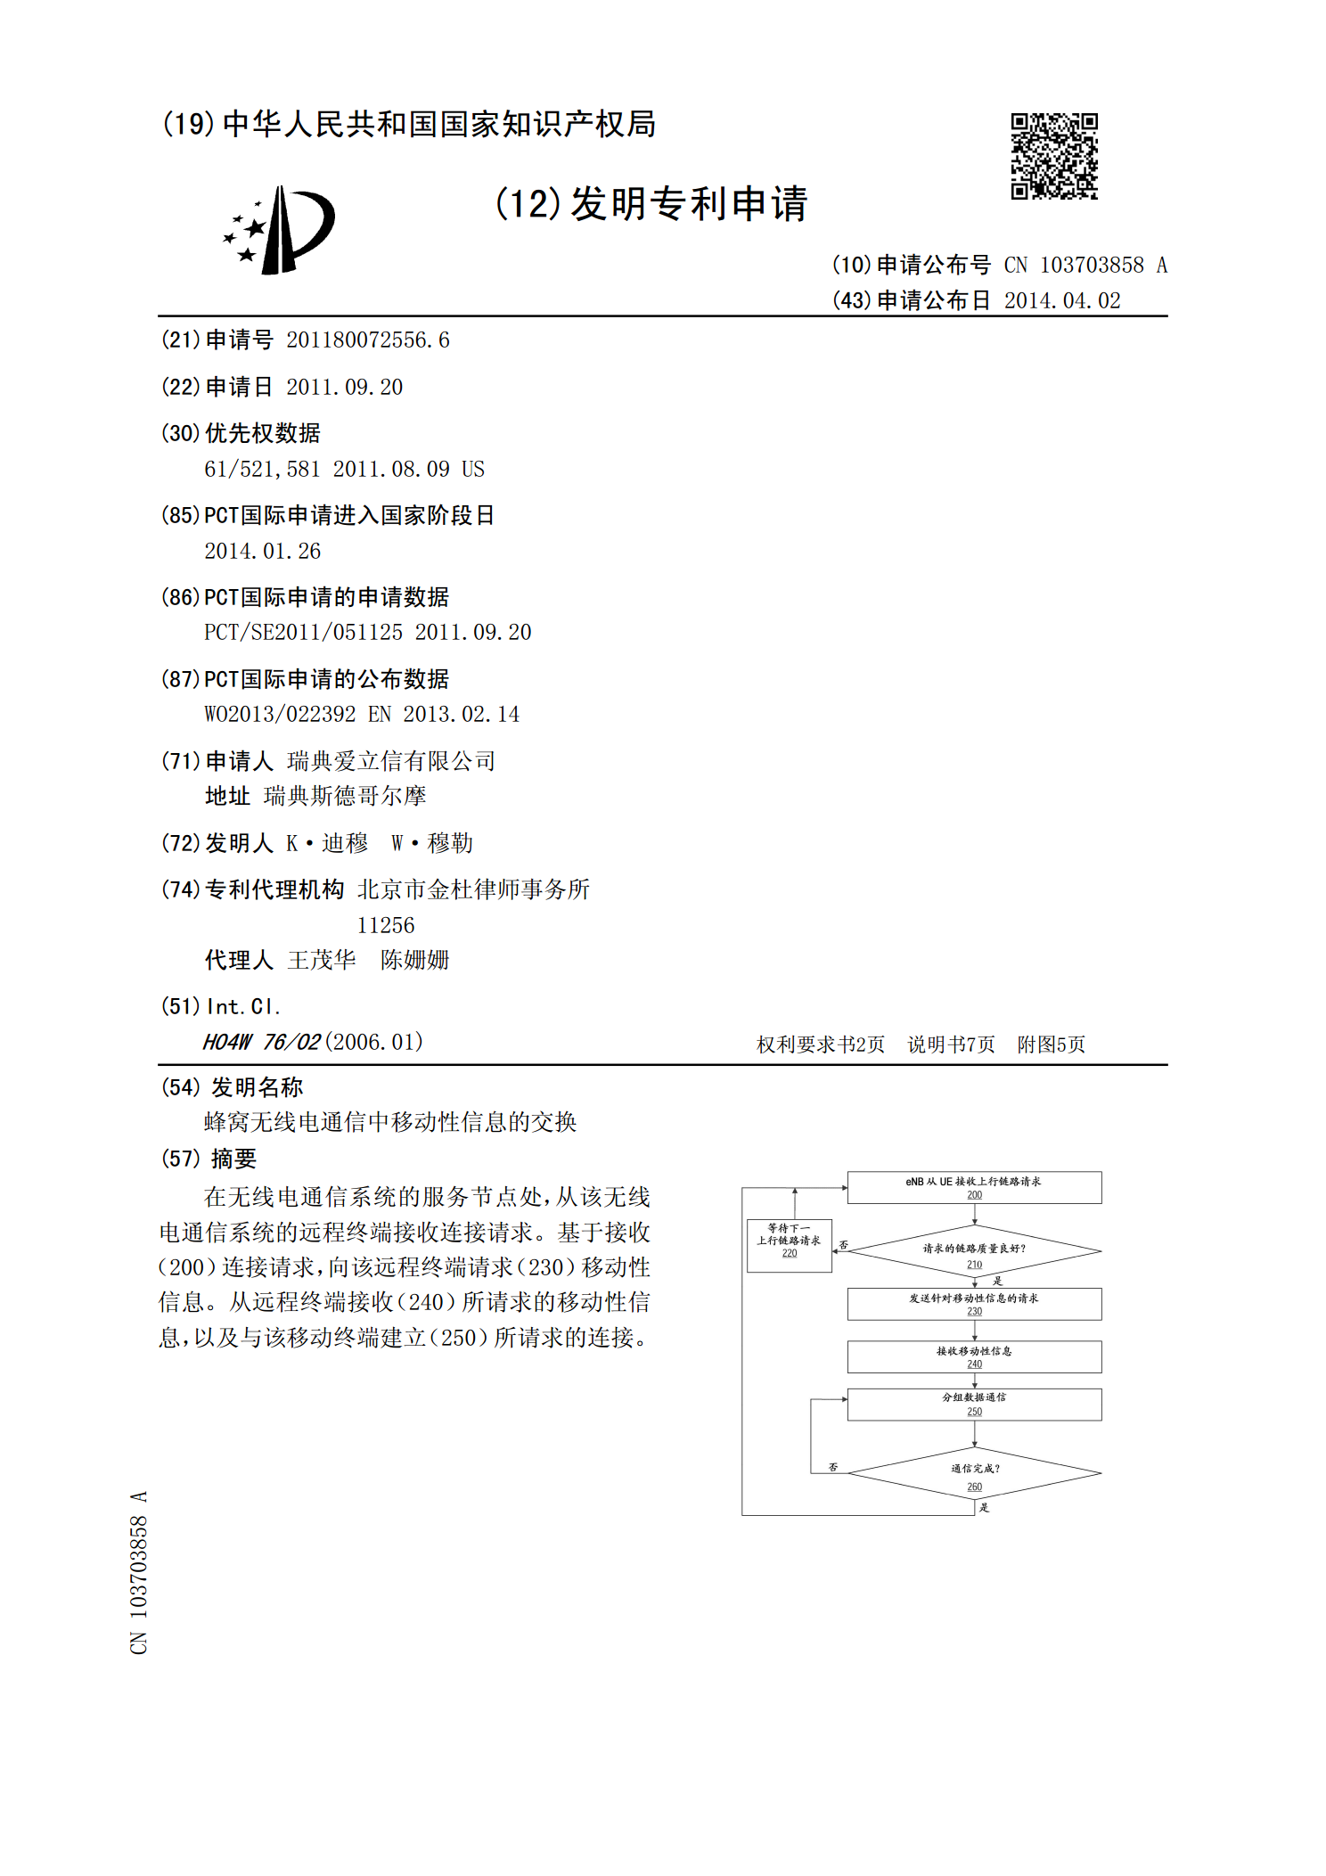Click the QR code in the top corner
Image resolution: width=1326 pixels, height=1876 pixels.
coord(1053,156)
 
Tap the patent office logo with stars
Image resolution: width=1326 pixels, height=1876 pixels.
coord(279,230)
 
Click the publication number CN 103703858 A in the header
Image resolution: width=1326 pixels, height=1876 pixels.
coord(1085,265)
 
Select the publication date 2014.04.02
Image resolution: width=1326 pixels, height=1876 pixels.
coord(1061,300)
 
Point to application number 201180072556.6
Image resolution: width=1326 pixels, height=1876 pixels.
coord(367,340)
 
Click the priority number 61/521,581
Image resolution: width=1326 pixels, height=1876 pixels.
coord(262,469)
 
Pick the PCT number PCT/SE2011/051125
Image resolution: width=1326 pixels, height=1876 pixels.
coord(303,632)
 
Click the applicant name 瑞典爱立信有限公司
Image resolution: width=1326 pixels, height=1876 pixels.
coord(390,760)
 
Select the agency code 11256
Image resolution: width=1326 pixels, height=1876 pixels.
coord(385,925)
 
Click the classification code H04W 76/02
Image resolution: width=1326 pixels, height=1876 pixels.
coord(261,1042)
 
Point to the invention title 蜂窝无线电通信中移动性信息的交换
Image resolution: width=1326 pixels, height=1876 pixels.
coord(390,1121)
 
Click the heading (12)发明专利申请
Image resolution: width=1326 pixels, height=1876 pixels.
coord(651,203)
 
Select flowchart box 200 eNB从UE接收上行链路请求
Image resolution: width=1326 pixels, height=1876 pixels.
coord(974,1187)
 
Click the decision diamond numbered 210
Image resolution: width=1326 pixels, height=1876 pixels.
coord(974,1251)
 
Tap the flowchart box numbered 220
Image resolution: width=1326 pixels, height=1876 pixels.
coord(789,1245)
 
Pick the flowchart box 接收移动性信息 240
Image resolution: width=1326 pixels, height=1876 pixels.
coord(974,1356)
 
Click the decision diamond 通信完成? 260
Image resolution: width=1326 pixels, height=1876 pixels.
coord(974,1473)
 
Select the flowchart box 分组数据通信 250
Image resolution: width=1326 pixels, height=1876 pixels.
coord(974,1404)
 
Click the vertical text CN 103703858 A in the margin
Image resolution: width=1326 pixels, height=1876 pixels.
coord(138,1572)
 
